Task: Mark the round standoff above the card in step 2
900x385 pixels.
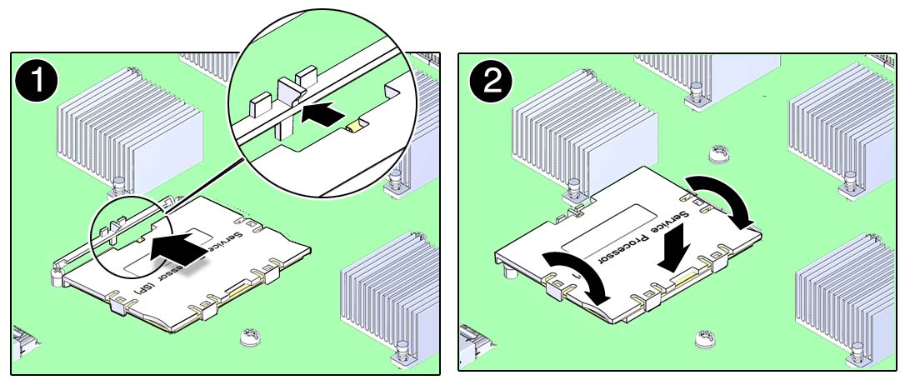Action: pyautogui.click(x=718, y=153)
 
